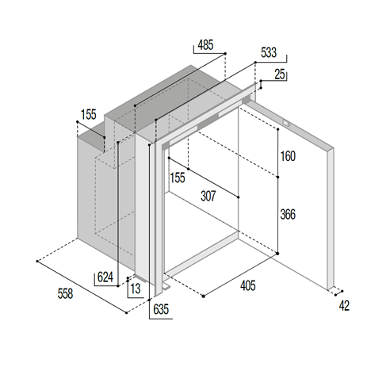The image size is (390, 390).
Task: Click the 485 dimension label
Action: pyautogui.click(x=205, y=45)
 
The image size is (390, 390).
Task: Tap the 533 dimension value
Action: pyautogui.click(x=269, y=52)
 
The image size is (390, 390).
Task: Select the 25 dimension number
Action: pyautogui.click(x=280, y=75)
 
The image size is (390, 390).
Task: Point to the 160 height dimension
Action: pyautogui.click(x=288, y=156)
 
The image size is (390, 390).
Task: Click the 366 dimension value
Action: pyautogui.click(x=288, y=214)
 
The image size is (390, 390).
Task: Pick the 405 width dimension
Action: pyautogui.click(x=248, y=285)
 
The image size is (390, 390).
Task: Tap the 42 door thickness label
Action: pyautogui.click(x=344, y=306)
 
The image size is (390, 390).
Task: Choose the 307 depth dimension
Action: pyautogui.click(x=208, y=196)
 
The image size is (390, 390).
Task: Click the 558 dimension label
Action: pyautogui.click(x=65, y=293)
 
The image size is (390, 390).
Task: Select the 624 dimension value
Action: pyautogui.click(x=105, y=277)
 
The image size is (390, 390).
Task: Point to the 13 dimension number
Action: pyautogui.click(x=136, y=289)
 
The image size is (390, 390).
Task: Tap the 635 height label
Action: pyautogui.click(x=161, y=309)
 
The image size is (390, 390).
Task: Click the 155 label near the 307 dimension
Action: pyautogui.click(x=178, y=178)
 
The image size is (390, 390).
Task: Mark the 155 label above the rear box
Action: pyautogui.click(x=89, y=115)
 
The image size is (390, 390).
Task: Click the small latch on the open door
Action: pyautogui.click(x=286, y=123)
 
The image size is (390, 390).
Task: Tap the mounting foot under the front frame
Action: pyautogui.click(x=166, y=286)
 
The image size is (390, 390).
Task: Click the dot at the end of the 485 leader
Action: pyautogui.click(x=225, y=54)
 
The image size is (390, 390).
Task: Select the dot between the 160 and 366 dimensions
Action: pyautogui.click(x=277, y=177)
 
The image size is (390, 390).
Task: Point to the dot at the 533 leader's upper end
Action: pyautogui.click(x=255, y=63)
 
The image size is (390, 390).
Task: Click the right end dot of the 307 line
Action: pyautogui.click(x=239, y=197)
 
